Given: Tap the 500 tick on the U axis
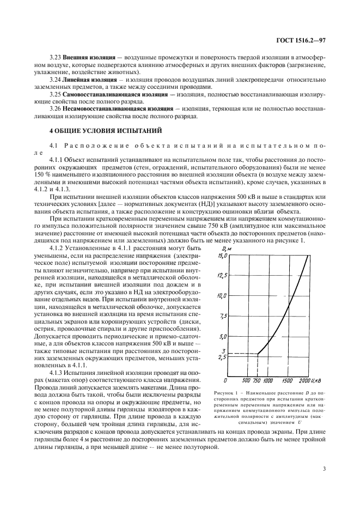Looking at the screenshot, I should pos(246,380).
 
